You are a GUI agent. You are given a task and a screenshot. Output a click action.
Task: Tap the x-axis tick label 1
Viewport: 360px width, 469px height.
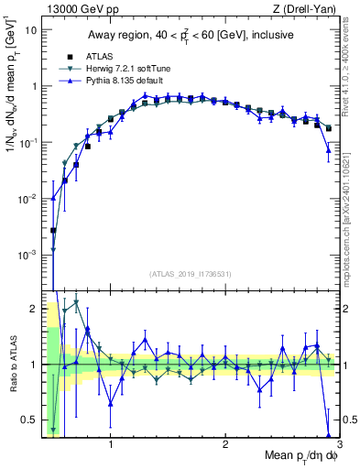pyautogui.click(x=111, y=448)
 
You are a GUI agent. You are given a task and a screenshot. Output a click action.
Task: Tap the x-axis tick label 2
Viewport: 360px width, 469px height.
pyautogui.click(x=225, y=448)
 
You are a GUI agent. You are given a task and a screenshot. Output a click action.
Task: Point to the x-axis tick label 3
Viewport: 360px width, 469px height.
pyautogui.click(x=339, y=448)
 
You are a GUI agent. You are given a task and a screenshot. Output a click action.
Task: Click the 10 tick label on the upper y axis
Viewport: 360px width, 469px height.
pyautogui.click(x=30, y=29)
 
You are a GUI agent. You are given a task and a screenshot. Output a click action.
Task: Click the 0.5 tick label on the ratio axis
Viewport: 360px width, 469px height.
pyautogui.click(x=27, y=420)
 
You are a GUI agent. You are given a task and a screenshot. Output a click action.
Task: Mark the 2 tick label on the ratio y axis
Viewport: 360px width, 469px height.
pyautogui.click(x=32, y=309)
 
